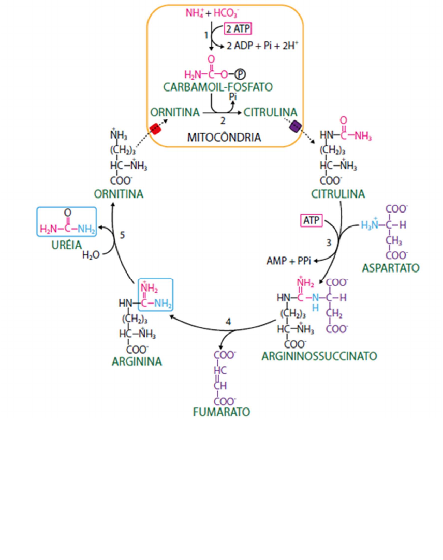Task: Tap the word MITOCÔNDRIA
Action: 224,138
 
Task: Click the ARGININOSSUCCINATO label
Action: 319,356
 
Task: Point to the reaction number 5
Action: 122,235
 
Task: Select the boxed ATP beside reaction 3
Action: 311,221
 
